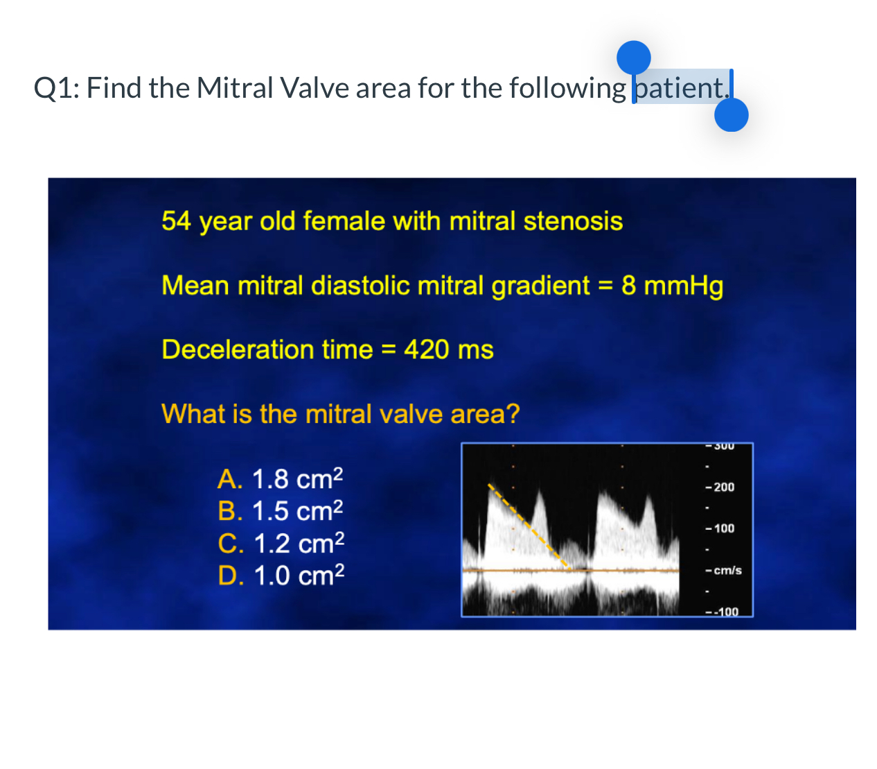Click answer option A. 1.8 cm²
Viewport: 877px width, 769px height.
(x=280, y=478)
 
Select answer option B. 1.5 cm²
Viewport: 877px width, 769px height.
(x=280, y=510)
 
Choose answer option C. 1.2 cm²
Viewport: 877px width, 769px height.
(x=281, y=542)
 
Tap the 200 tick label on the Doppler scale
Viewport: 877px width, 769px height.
(x=724, y=487)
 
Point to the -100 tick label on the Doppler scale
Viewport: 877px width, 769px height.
(x=726, y=612)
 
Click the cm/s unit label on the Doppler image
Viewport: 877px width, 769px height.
(x=727, y=570)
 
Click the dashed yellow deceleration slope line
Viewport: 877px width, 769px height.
(x=529, y=526)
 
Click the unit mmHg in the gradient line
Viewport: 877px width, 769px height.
(x=683, y=286)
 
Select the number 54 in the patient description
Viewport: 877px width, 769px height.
(x=176, y=221)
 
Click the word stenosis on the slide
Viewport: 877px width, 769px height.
(x=573, y=221)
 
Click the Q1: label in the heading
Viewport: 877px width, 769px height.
(x=56, y=87)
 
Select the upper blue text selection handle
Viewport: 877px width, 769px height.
(x=633, y=58)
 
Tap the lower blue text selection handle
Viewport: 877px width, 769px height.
(x=731, y=114)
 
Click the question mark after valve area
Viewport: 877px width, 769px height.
(x=513, y=413)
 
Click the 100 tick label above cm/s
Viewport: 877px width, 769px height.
(x=724, y=528)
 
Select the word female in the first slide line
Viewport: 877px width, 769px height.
(x=344, y=221)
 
